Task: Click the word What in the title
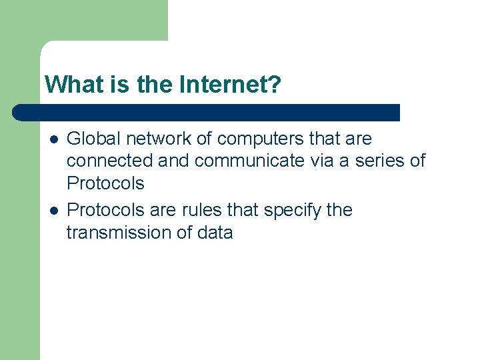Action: click(x=67, y=85)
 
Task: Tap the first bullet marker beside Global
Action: click(x=53, y=139)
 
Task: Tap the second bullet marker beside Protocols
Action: click(x=53, y=210)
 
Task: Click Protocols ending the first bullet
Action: click(x=105, y=183)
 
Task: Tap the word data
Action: click(x=215, y=233)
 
